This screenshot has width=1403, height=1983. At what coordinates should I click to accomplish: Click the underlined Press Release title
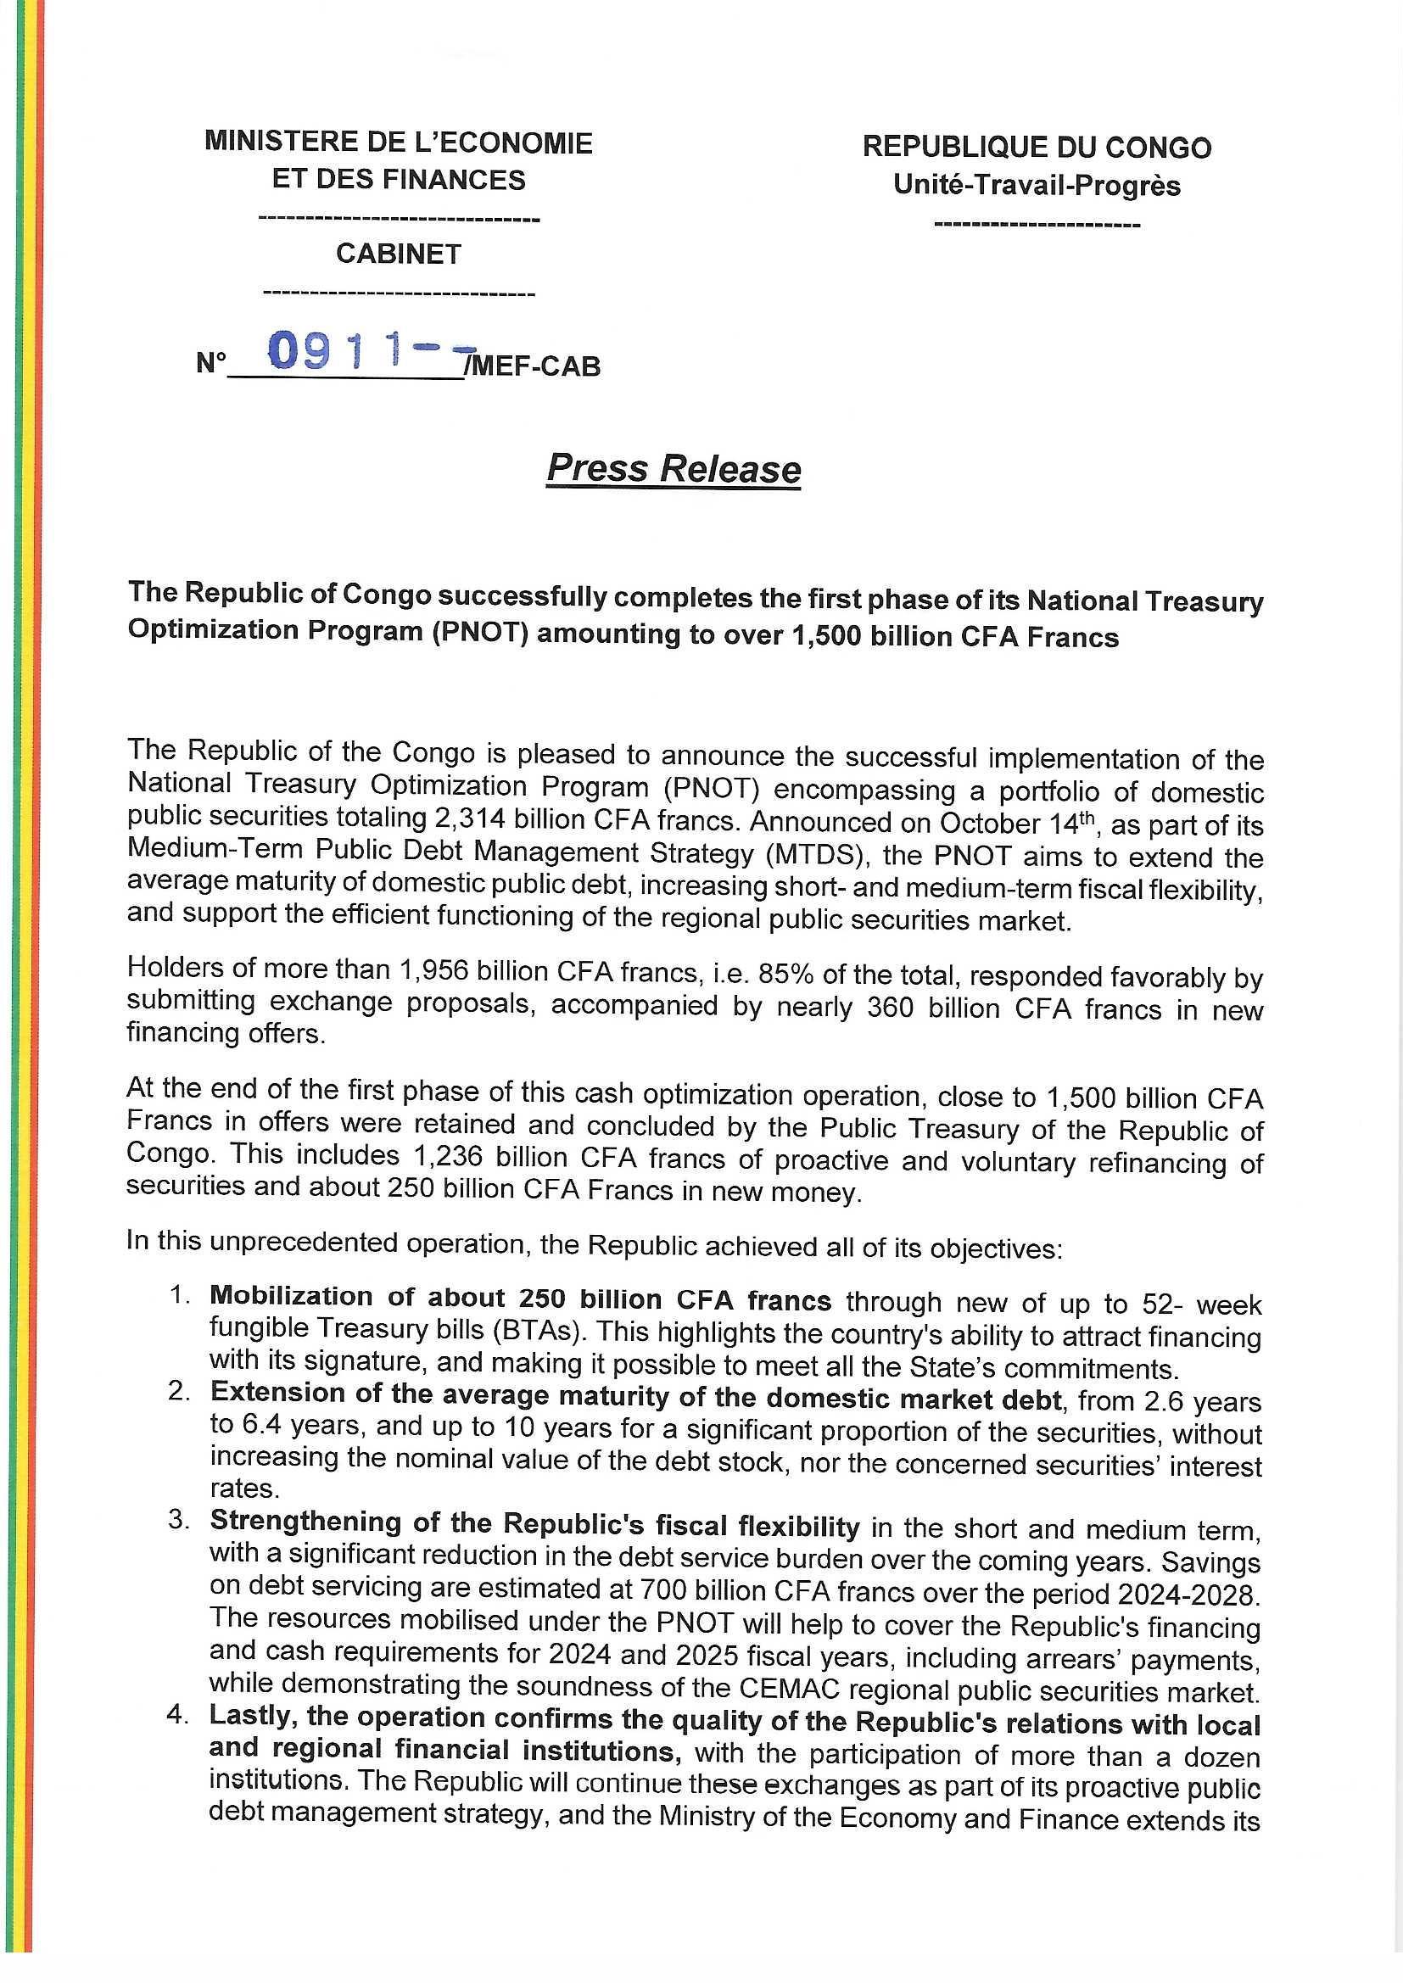coord(674,469)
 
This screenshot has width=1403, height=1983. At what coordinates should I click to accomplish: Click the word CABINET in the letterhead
coord(399,254)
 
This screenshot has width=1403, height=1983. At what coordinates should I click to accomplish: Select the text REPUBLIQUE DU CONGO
coord(1037,148)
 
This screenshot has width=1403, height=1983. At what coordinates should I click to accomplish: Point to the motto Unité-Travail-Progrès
coord(1037,186)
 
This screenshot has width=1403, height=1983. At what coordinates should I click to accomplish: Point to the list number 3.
coord(179,1521)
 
